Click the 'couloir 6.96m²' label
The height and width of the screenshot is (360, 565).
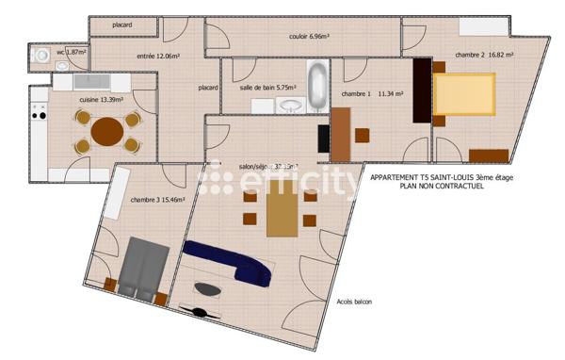[x=308, y=37]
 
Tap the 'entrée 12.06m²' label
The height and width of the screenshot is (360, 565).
[x=158, y=57]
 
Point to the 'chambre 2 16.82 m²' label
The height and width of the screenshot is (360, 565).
[x=484, y=55]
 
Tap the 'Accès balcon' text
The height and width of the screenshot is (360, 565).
[x=354, y=302]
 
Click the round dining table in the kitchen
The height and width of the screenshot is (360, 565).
[x=106, y=131]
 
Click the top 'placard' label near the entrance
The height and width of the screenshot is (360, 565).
[x=121, y=25]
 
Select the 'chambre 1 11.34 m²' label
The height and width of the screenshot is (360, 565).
[x=372, y=94]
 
